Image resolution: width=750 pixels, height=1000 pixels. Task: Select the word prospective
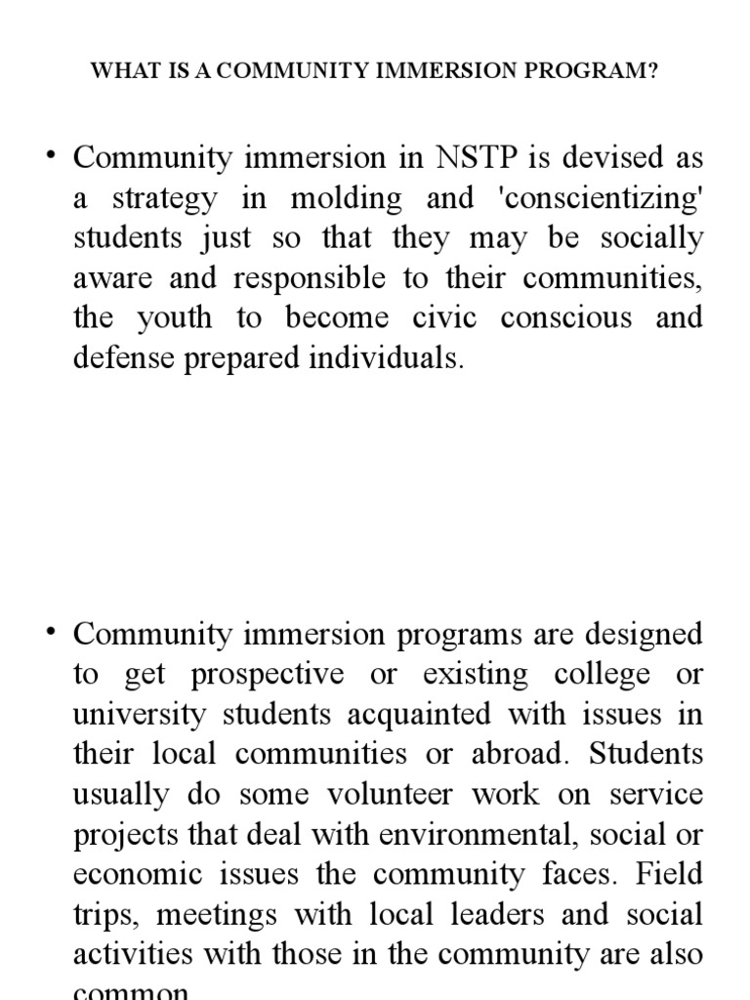click(268, 675)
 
